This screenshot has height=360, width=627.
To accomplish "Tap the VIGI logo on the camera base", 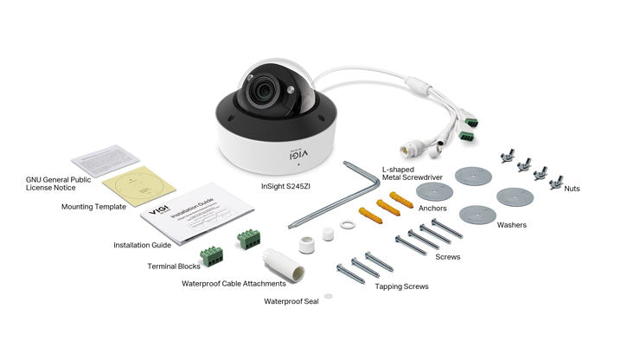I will (x=290, y=148).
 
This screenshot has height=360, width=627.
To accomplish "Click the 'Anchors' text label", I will (x=408, y=208).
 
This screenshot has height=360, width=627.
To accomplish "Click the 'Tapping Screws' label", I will (x=402, y=286).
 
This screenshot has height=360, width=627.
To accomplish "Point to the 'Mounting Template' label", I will (x=93, y=207).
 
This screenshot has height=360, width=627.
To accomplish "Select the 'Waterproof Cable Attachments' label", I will (x=234, y=283).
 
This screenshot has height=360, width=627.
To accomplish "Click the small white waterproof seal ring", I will (x=347, y=225).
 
